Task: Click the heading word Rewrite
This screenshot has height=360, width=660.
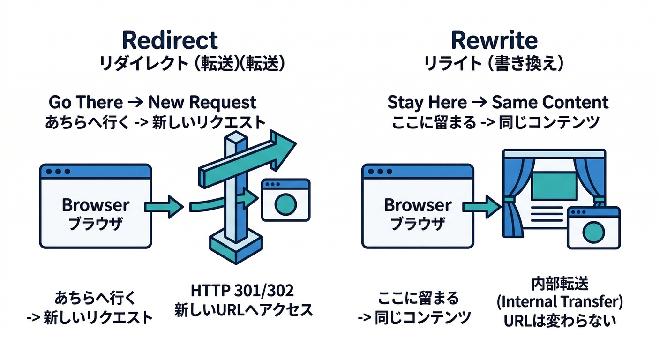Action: (x=494, y=40)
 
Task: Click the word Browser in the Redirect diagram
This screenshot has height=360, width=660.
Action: (x=96, y=205)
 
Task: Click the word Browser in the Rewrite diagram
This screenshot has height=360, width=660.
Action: (x=418, y=205)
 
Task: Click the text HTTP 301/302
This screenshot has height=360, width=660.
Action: (x=242, y=291)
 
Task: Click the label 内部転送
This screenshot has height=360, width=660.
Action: (x=560, y=284)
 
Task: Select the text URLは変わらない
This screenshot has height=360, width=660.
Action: (x=560, y=321)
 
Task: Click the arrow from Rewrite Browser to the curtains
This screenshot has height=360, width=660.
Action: (x=480, y=207)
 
